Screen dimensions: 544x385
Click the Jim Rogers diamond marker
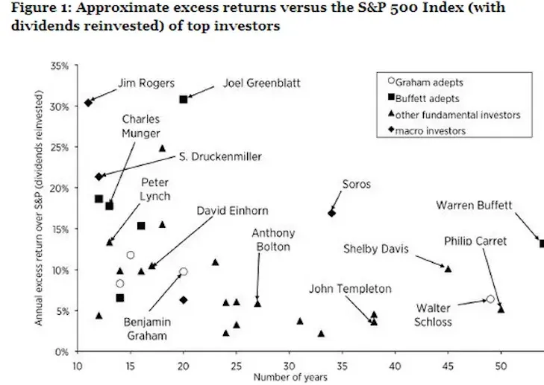[x=88, y=103]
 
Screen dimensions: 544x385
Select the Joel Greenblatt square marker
[x=184, y=99]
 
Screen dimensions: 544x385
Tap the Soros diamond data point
[x=331, y=213]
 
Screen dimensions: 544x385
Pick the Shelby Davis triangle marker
[x=448, y=269]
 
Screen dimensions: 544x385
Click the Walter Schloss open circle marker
[x=490, y=299]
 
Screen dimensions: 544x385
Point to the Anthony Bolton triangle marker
[x=257, y=304]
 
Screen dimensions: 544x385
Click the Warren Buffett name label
[x=474, y=206]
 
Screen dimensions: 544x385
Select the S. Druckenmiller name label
[x=220, y=156]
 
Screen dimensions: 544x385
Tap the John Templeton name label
[x=350, y=288]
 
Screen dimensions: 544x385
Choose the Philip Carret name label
[x=475, y=241]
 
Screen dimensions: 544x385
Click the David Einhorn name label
[x=232, y=211]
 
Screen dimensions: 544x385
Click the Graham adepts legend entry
[x=425, y=82]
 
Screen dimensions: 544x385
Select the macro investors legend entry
[x=427, y=130]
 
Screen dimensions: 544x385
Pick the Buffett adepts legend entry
[x=424, y=98]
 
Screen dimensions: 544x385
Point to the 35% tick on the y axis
[x=60, y=66]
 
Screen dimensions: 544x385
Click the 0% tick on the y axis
[x=62, y=351]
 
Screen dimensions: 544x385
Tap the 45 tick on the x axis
[x=448, y=366]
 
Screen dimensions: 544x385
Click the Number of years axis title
[x=290, y=377]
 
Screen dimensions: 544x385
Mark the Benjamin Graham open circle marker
[x=184, y=272]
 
